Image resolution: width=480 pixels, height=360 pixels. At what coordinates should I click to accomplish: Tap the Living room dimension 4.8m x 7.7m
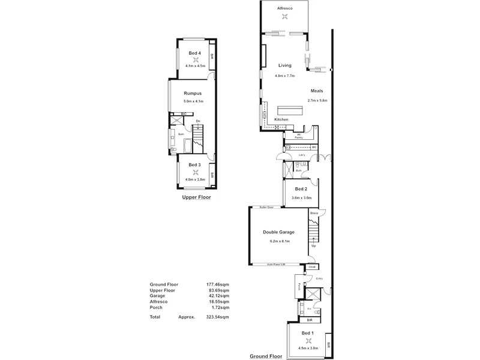tap(284, 76)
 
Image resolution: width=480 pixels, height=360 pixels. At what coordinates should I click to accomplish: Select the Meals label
tap(317, 91)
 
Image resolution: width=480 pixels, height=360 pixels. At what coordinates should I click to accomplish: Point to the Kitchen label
tap(281, 120)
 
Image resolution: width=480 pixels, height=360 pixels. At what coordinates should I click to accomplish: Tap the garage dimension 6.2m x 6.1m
tap(280, 241)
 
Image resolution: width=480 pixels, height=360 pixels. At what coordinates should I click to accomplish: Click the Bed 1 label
tap(306, 340)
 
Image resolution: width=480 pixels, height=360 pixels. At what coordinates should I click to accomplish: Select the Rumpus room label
tap(192, 94)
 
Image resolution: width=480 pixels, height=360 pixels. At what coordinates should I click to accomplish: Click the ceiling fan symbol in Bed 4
tap(195, 59)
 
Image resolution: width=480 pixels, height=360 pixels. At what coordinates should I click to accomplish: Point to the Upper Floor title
tap(196, 197)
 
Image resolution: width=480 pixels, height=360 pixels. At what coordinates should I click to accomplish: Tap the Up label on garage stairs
tap(313, 245)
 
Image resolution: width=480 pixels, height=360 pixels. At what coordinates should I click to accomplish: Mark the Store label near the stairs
tap(313, 213)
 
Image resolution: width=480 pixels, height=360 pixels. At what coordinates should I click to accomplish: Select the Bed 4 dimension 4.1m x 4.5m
tap(195, 66)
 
